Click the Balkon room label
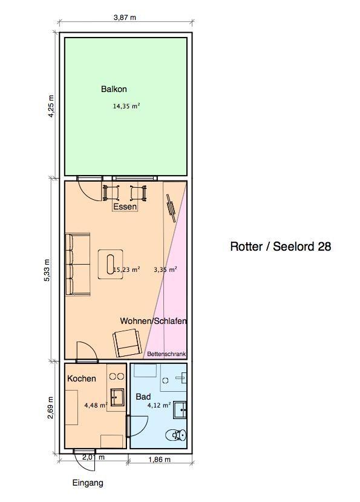114,89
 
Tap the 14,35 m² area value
126,106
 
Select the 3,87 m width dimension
125,18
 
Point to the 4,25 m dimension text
51,106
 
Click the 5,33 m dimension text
47,270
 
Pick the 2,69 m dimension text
50,408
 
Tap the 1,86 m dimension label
159,460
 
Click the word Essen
125,206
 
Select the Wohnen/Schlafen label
153,321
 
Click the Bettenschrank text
166,354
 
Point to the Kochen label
82,378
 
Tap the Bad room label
143,397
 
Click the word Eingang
88,483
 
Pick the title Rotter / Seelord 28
281,246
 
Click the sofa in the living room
78,264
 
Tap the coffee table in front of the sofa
110,265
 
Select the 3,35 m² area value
165,269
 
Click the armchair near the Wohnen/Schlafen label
127,344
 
